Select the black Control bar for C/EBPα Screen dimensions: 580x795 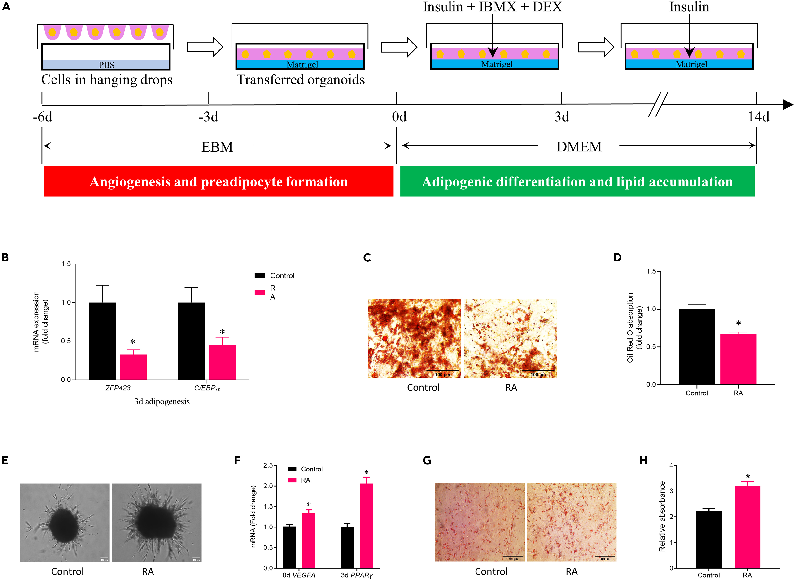coord(191,341)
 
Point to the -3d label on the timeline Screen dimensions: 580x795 coord(208,117)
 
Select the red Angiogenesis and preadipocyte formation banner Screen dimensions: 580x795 coord(218,182)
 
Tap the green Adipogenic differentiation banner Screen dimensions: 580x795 coord(577,182)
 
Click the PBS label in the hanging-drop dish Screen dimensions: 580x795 coord(106,65)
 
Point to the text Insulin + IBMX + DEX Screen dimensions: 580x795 coord(492,7)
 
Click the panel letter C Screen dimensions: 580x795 coord(367,258)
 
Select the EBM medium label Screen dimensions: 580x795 coord(217,147)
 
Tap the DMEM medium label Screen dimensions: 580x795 coord(579,146)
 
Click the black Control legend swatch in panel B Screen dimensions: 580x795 coord(260,276)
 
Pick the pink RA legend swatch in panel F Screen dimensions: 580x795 coord(292,480)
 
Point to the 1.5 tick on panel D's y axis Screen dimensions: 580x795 coord(651,271)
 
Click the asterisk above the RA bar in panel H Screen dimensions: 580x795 coord(748,476)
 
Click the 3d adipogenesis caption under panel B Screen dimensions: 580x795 coord(162,402)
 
